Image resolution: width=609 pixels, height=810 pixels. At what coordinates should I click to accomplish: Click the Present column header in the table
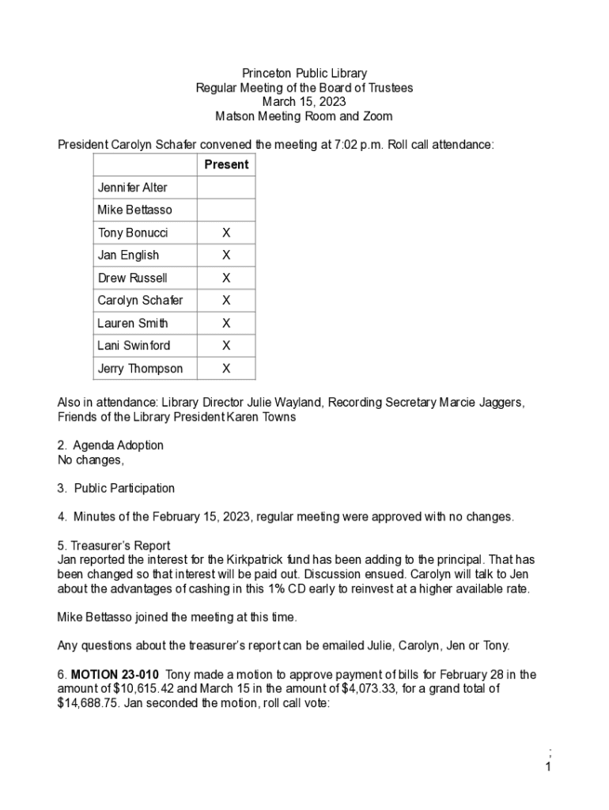click(x=226, y=165)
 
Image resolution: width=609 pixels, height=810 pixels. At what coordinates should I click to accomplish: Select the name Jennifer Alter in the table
click(x=132, y=187)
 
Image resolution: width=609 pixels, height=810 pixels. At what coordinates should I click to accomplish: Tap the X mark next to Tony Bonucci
click(x=226, y=233)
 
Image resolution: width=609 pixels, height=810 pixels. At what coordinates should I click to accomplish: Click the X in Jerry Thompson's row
click(x=226, y=369)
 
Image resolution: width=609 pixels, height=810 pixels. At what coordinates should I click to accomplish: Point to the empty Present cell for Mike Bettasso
click(x=226, y=210)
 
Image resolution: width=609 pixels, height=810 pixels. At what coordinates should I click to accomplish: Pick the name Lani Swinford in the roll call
click(x=134, y=346)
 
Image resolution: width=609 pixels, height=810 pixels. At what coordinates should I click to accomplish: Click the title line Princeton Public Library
click(x=304, y=74)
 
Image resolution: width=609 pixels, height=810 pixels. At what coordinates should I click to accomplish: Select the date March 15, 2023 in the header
click(x=304, y=102)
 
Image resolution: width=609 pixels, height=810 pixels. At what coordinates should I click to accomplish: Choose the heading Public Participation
click(x=124, y=488)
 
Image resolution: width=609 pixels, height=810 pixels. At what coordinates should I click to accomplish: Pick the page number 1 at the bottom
click(x=548, y=766)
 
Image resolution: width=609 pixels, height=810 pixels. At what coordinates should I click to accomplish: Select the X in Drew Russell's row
click(x=226, y=278)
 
